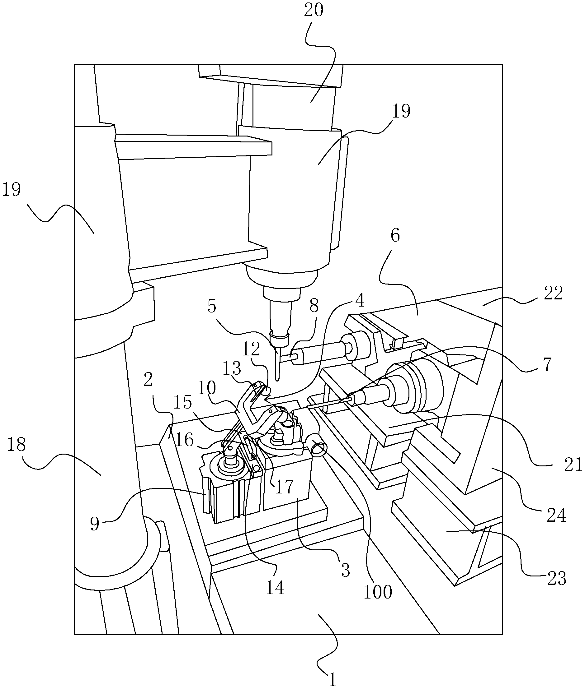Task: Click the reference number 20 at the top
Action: tap(314, 10)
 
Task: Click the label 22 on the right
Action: tap(553, 293)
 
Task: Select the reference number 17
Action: tap(285, 487)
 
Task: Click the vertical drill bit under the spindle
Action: tap(278, 364)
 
